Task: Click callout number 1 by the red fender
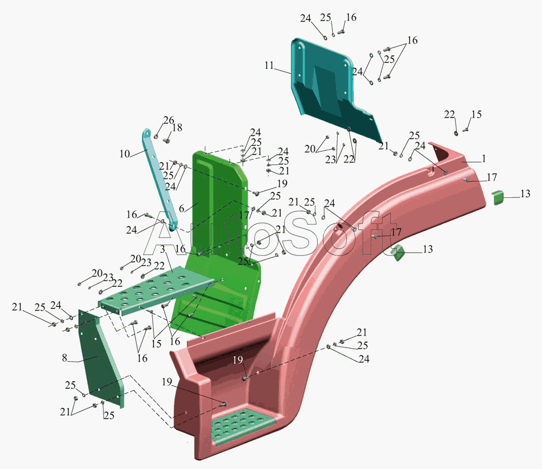pos(484,158)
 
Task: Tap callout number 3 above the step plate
pos(163,249)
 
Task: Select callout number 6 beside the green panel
pos(182,208)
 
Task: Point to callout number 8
pos(64,358)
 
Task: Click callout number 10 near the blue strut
pos(125,153)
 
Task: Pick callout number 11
pos(269,65)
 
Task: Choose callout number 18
pos(177,127)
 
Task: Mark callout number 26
pos(169,120)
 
